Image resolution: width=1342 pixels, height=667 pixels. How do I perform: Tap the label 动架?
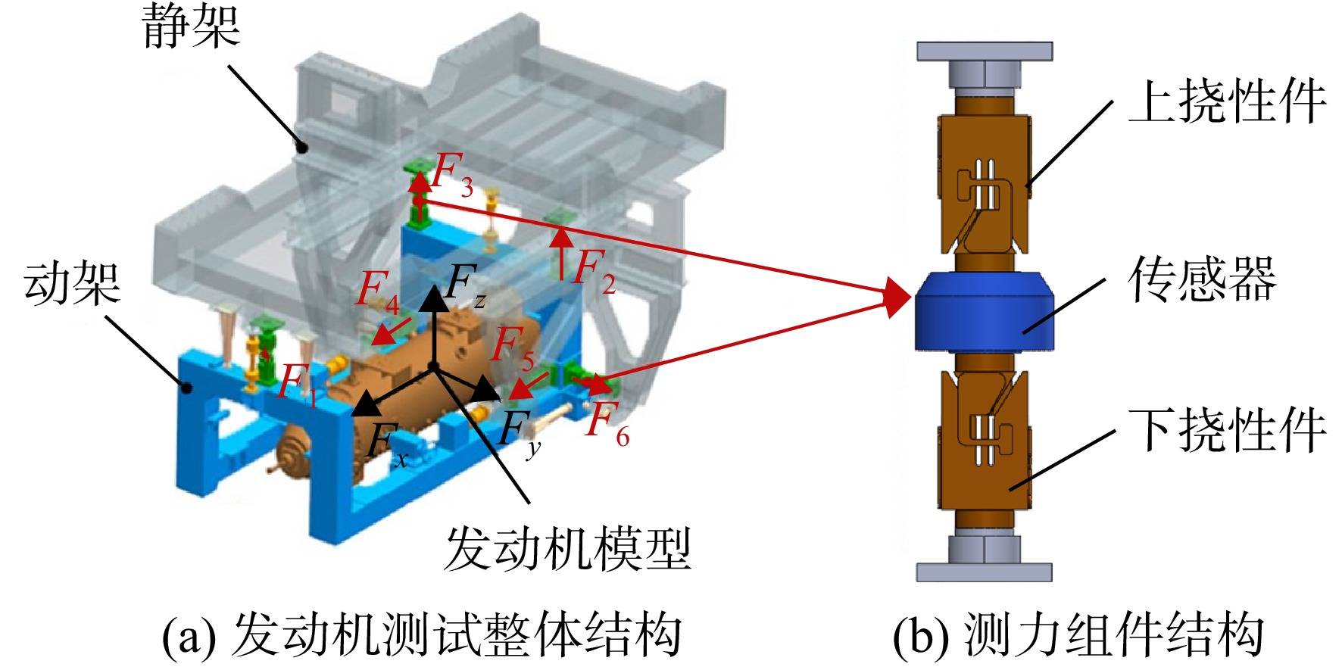73,284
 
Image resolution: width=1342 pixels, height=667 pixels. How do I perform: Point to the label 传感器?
1203,279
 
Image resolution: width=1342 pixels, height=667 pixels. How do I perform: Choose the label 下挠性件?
1227,429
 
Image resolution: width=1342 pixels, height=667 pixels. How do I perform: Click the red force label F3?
453,174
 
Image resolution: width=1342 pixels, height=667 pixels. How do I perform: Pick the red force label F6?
608,424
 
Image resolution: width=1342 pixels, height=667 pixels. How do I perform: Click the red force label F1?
298,385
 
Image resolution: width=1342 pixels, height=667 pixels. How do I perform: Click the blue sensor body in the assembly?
984,311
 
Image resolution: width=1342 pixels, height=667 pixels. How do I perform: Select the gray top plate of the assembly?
985,51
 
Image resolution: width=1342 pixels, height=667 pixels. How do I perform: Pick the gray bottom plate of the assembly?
985,572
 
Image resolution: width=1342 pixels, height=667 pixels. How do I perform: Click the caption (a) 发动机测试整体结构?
422,634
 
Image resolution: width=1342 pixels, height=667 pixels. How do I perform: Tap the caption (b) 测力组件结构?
1078,634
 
